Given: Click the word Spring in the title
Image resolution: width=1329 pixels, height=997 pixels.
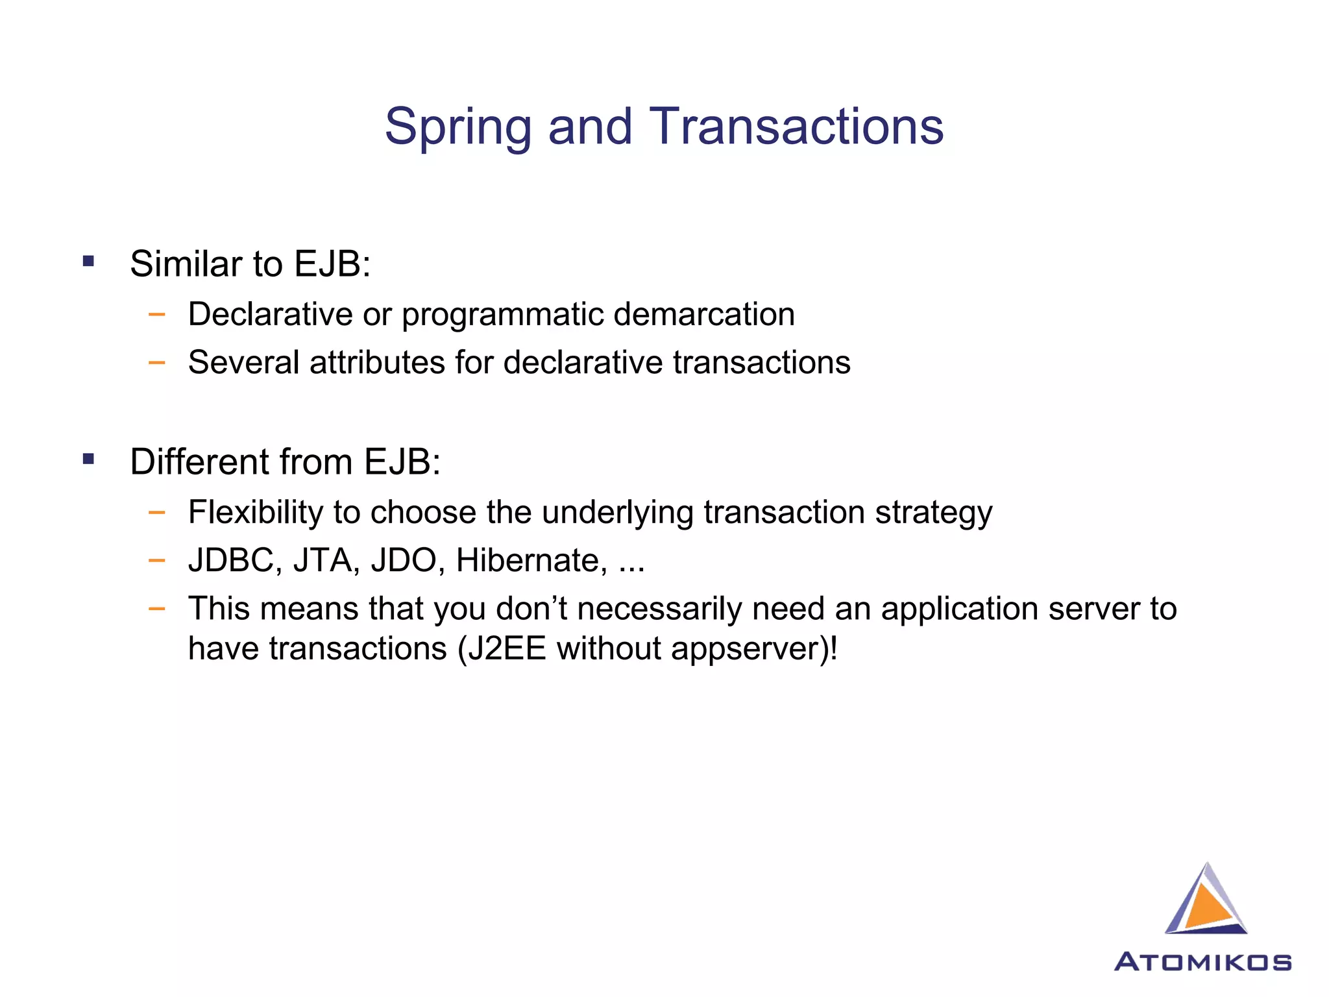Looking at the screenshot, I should [x=457, y=127].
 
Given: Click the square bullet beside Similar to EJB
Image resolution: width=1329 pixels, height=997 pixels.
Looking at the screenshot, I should [x=89, y=262].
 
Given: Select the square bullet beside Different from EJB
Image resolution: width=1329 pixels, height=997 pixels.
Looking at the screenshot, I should [x=89, y=460].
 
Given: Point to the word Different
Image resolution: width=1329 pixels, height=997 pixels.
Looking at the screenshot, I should [x=199, y=462].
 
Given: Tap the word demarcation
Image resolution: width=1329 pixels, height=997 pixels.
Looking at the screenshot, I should [x=704, y=314].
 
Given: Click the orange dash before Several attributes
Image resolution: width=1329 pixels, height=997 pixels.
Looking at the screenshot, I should [x=156, y=362].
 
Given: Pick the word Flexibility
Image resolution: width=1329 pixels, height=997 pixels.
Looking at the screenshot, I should [x=255, y=513].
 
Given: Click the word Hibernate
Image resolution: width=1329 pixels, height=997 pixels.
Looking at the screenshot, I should [x=531, y=560].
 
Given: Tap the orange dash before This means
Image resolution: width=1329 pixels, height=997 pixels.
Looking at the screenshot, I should [x=156, y=609].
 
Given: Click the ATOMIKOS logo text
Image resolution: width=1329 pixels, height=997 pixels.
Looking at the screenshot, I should [x=1202, y=962].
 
